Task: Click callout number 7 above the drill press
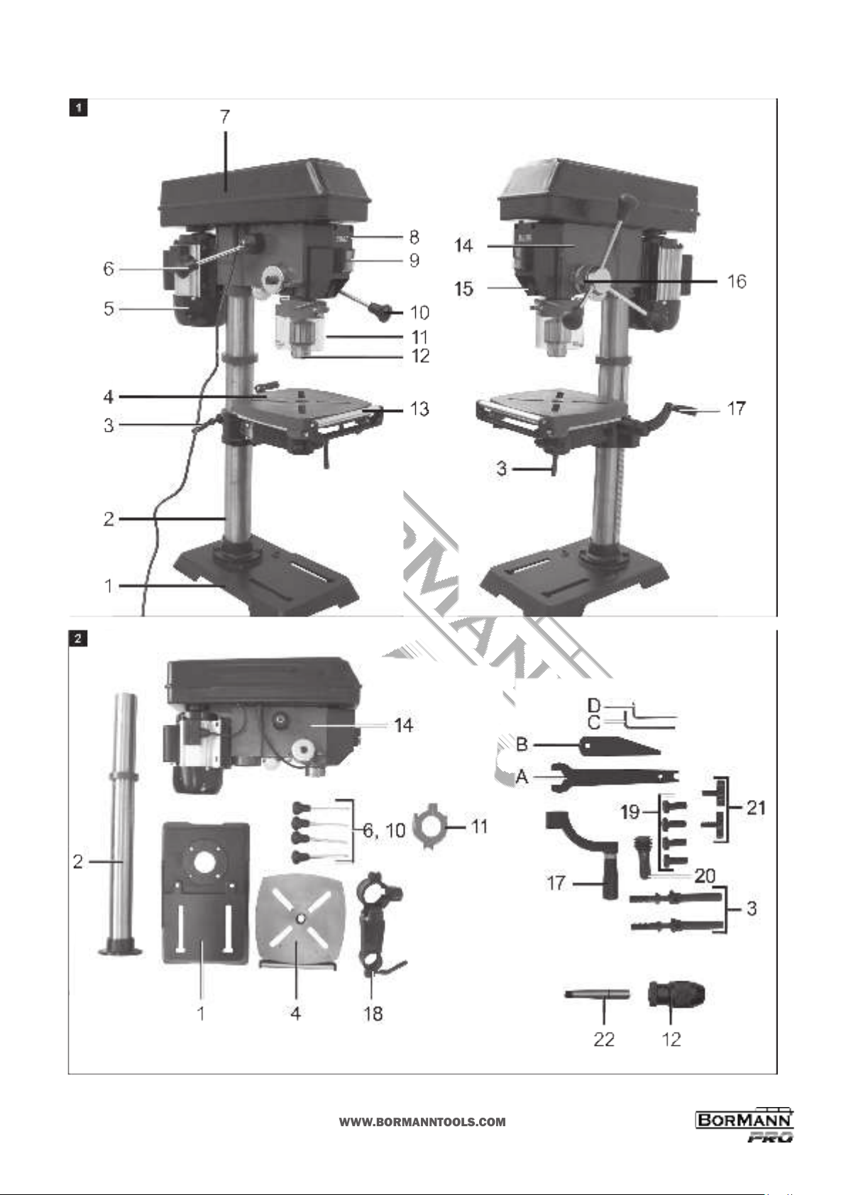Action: pos(225,117)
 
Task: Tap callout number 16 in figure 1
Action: pos(737,281)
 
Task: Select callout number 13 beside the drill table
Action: pos(419,409)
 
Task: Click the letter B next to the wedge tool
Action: pos(522,744)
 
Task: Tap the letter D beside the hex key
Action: pos(594,706)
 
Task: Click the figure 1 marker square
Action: pos(79,109)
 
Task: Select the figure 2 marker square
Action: pos(78,638)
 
